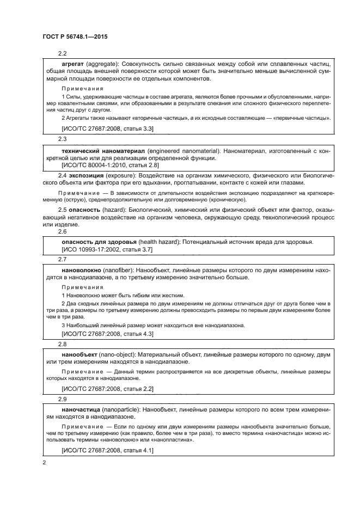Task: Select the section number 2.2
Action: coord(62,53)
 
